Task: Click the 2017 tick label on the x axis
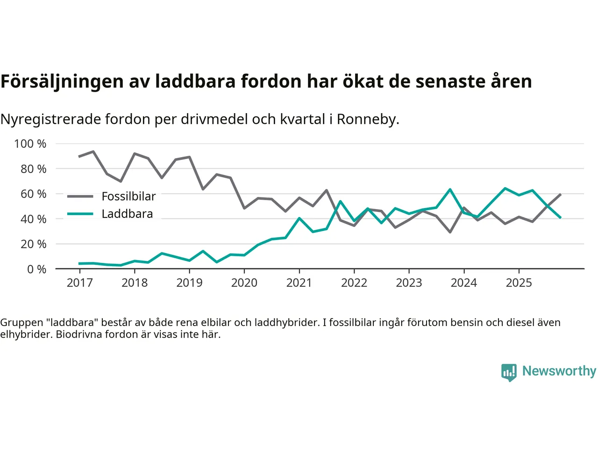pyautogui.click(x=79, y=282)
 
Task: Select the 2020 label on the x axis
pyautogui.click(x=244, y=282)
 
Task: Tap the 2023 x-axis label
pyautogui.click(x=409, y=282)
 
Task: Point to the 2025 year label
pyautogui.click(x=519, y=282)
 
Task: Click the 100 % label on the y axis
pyautogui.click(x=30, y=144)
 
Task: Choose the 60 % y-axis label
pyautogui.click(x=33, y=194)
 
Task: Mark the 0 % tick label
pyautogui.click(x=36, y=269)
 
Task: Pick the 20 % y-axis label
pyautogui.click(x=33, y=244)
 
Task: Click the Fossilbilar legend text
pyautogui.click(x=128, y=196)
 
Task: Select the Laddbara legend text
pyautogui.click(x=127, y=214)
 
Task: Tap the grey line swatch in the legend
pyautogui.click(x=80, y=196)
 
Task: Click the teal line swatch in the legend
pyautogui.click(x=80, y=214)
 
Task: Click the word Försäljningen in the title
pyautogui.click(x=62, y=81)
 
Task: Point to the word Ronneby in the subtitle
pyautogui.click(x=368, y=119)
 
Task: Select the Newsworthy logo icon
pyautogui.click(x=509, y=372)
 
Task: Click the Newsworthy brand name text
pyautogui.click(x=559, y=371)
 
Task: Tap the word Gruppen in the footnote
pyautogui.click(x=21, y=322)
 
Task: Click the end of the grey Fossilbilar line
pyautogui.click(x=560, y=194)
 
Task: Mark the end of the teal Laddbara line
pyautogui.click(x=560, y=217)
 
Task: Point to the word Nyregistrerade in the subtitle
pyautogui.click(x=50, y=119)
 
